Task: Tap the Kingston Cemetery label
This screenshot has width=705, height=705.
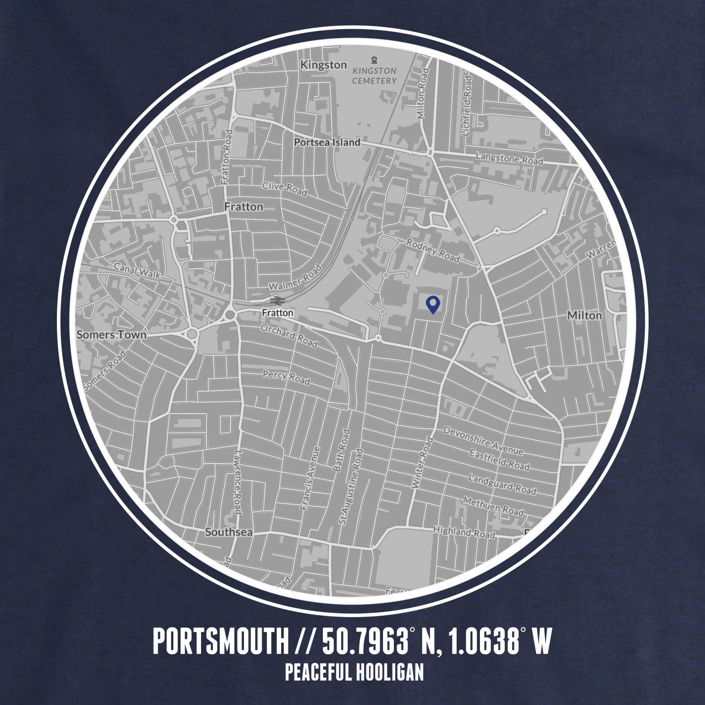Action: click(375, 76)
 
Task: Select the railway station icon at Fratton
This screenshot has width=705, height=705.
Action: click(276, 299)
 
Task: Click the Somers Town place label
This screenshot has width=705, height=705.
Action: click(111, 335)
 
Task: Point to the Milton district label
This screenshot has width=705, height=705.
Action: click(584, 315)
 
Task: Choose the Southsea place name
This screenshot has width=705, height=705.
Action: click(229, 533)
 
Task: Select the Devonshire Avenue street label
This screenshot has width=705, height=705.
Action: click(483, 441)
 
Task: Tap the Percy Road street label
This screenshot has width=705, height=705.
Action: click(286, 377)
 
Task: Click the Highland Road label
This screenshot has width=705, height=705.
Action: click(464, 532)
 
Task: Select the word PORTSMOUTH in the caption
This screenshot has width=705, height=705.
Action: click(220, 642)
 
